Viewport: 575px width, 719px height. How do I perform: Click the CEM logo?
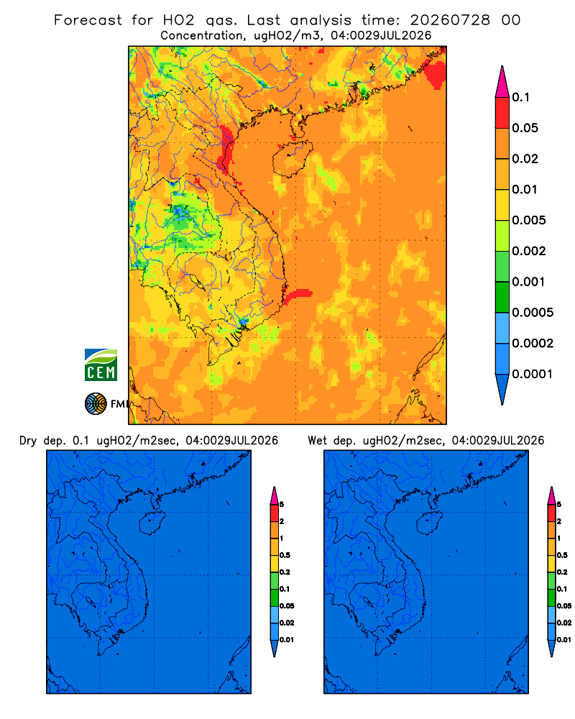tap(101, 365)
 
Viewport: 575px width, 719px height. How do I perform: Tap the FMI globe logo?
tap(96, 404)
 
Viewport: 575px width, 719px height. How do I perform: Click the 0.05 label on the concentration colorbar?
tap(525, 128)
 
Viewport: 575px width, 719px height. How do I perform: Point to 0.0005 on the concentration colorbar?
tap(533, 313)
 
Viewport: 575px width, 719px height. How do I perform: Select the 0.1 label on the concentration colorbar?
tap(521, 97)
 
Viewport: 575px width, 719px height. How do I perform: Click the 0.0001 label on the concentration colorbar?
tap(533, 374)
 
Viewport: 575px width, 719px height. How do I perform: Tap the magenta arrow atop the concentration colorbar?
tap(502, 81)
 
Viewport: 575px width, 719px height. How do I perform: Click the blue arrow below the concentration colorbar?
tap(502, 389)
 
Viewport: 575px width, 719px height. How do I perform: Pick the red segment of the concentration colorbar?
tap(502, 113)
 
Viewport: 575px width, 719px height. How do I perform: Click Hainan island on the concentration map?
tap(293, 158)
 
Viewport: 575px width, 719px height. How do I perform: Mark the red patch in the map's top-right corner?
tap(435, 70)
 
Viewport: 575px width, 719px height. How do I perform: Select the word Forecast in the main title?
tap(88, 20)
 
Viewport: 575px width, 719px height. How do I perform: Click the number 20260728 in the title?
tap(450, 20)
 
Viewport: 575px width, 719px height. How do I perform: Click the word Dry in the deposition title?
tap(27, 441)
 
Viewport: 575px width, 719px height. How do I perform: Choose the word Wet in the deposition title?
tap(317, 441)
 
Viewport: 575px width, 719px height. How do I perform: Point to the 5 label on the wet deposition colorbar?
tap(559, 505)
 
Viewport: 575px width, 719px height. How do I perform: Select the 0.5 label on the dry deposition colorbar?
tap(285, 555)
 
